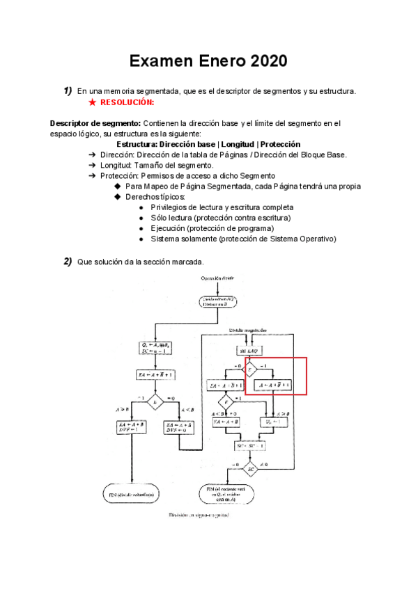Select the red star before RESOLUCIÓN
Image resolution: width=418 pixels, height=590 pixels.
tap(93, 102)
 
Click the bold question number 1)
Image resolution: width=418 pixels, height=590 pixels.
tap(68, 90)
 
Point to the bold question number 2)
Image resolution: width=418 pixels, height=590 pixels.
tap(68, 261)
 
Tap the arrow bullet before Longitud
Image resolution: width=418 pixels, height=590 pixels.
tap(93, 165)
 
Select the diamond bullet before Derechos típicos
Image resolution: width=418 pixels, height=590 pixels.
tap(117, 197)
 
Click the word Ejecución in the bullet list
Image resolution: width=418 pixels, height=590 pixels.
tap(170, 228)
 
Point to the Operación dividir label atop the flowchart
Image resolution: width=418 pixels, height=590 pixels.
tap(219, 278)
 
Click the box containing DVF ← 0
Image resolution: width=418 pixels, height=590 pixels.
tap(179, 426)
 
